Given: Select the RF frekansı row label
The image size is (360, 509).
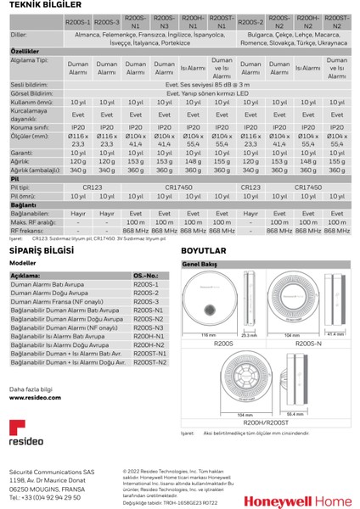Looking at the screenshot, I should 28,231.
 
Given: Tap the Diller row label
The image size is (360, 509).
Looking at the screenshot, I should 19,36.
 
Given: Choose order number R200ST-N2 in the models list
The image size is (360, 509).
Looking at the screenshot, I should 150,361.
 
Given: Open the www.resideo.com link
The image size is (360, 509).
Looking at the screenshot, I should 35,397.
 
